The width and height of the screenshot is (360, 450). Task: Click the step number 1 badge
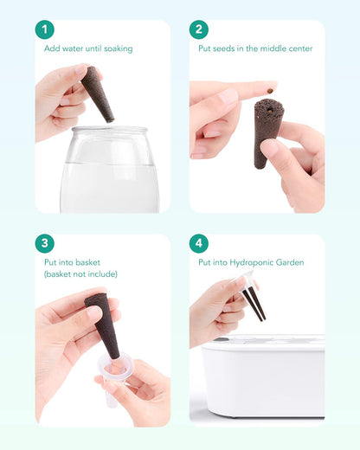tap(45, 29)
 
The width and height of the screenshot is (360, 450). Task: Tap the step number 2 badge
tap(199, 29)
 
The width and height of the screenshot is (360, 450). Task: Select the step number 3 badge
tap(45, 243)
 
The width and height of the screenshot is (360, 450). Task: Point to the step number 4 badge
tap(199, 243)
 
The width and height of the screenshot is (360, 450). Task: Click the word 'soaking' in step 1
tap(119, 48)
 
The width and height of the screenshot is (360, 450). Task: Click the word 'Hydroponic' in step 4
tap(251, 263)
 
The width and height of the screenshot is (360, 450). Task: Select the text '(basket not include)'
tap(80, 274)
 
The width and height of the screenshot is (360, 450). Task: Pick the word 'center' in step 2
tap(300, 48)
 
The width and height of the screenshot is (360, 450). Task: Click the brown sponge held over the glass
tap(97, 93)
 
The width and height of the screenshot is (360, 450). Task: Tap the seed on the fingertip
tap(270, 91)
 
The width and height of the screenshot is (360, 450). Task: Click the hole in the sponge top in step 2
tap(270, 110)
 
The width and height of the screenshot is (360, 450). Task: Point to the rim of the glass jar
tap(110, 130)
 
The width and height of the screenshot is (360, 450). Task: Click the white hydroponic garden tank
tap(263, 376)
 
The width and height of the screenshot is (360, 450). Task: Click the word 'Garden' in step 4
tap(290, 262)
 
